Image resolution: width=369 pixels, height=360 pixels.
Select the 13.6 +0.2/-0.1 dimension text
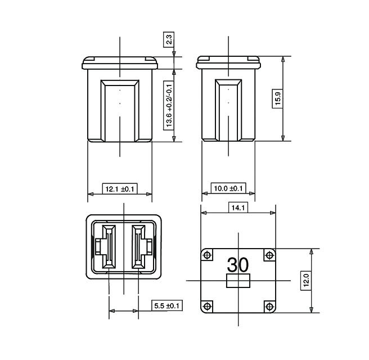(169, 105)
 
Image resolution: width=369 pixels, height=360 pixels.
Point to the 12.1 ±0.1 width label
(119, 189)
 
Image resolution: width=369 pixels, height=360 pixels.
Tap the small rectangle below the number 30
(238, 281)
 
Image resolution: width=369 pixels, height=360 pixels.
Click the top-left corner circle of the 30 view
(208, 255)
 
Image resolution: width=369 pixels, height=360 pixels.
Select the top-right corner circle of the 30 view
(269, 255)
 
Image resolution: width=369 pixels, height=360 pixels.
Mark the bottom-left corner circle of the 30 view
(208, 306)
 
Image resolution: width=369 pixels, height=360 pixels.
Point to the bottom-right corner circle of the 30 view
(269, 306)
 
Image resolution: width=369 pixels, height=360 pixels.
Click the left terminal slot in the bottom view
(109, 246)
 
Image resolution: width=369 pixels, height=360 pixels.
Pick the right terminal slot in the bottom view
(138, 246)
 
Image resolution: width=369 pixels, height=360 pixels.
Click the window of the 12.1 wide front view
(119, 110)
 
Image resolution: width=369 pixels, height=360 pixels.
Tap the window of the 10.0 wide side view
(228, 110)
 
